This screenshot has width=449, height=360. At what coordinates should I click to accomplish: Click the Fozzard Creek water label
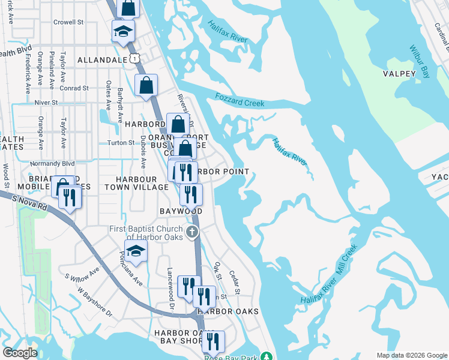pos(239,100)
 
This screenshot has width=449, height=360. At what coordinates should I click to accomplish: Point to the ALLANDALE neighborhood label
pos(102,60)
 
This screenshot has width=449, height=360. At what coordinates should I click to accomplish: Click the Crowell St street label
pos(67,22)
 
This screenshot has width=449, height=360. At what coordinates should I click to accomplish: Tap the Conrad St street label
pos(74,88)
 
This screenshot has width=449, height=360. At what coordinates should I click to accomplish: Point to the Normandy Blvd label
pos(53,163)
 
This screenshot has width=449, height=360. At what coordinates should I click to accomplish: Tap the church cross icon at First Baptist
pos(192,232)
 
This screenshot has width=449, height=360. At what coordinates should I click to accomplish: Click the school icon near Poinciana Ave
pos(136,251)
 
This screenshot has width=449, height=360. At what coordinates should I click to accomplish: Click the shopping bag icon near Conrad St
pos(146,85)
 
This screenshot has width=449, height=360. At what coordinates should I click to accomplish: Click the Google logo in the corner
pos(20,353)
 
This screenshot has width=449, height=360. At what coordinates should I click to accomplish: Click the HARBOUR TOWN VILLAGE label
pos(136,183)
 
